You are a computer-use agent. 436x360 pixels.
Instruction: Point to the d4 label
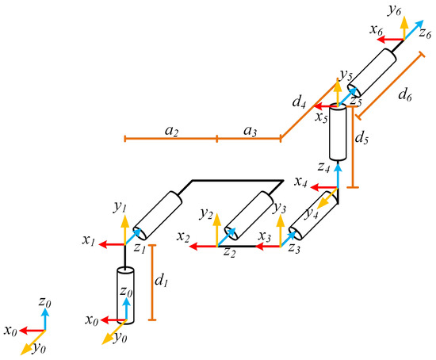coord(299,101)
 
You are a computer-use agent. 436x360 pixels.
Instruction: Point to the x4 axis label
coord(300,182)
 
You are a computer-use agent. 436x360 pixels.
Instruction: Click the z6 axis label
coord(425,33)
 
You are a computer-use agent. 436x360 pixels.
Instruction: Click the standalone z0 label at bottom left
coord(44,301)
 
